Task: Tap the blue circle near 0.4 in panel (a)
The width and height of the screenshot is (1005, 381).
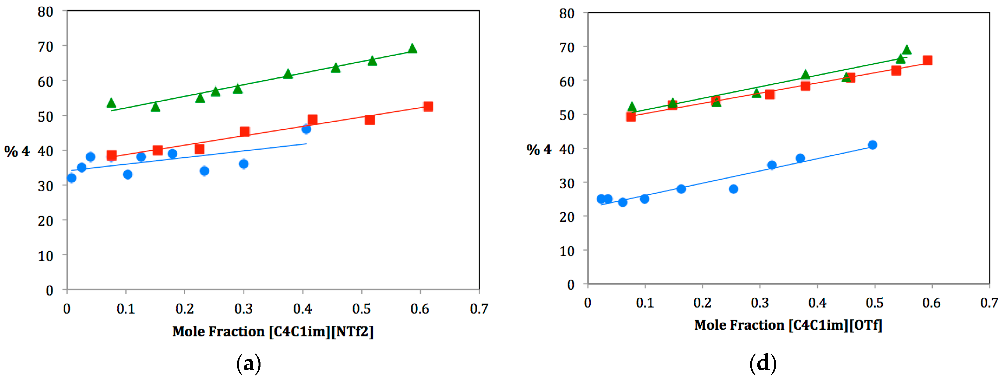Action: (x=306, y=129)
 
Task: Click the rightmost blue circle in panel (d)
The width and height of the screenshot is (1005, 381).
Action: (x=873, y=145)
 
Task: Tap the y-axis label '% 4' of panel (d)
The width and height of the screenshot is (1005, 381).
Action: (x=539, y=150)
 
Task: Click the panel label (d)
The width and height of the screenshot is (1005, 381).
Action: (x=763, y=363)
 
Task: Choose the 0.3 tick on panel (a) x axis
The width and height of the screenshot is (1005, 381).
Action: (x=243, y=309)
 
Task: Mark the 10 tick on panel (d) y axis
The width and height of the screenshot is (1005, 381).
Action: (x=567, y=251)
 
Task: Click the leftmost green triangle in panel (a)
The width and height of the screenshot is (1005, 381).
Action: (x=111, y=103)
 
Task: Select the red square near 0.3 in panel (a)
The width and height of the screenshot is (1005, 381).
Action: (x=245, y=132)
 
